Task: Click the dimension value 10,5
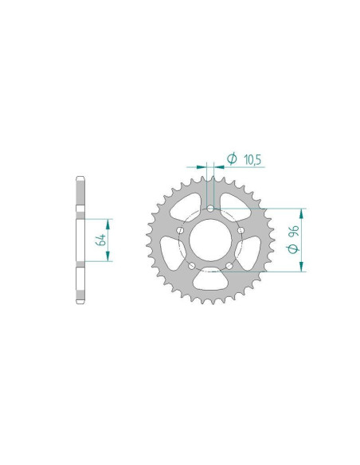pos(252,161)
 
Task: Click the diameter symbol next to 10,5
pos(232,160)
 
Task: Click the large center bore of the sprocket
pos(210,240)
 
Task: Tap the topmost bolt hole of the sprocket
pos(210,209)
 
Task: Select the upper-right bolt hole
pos(241,231)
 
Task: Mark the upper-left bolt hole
pos(180,231)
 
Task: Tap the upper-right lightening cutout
pos(234,205)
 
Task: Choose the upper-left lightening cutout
pos(186,205)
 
